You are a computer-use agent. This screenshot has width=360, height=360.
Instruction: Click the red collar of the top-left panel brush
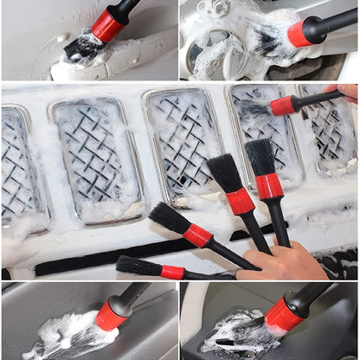tap(109, 26)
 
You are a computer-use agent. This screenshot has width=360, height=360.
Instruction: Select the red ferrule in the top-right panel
tap(301, 33)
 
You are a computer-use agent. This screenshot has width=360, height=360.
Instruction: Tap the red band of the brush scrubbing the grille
tap(284, 106)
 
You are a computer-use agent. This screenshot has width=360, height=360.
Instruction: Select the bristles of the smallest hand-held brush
tap(138, 266)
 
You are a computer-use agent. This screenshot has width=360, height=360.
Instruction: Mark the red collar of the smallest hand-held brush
tap(172, 272)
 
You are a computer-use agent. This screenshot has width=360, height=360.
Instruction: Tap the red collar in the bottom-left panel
tap(111, 316)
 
